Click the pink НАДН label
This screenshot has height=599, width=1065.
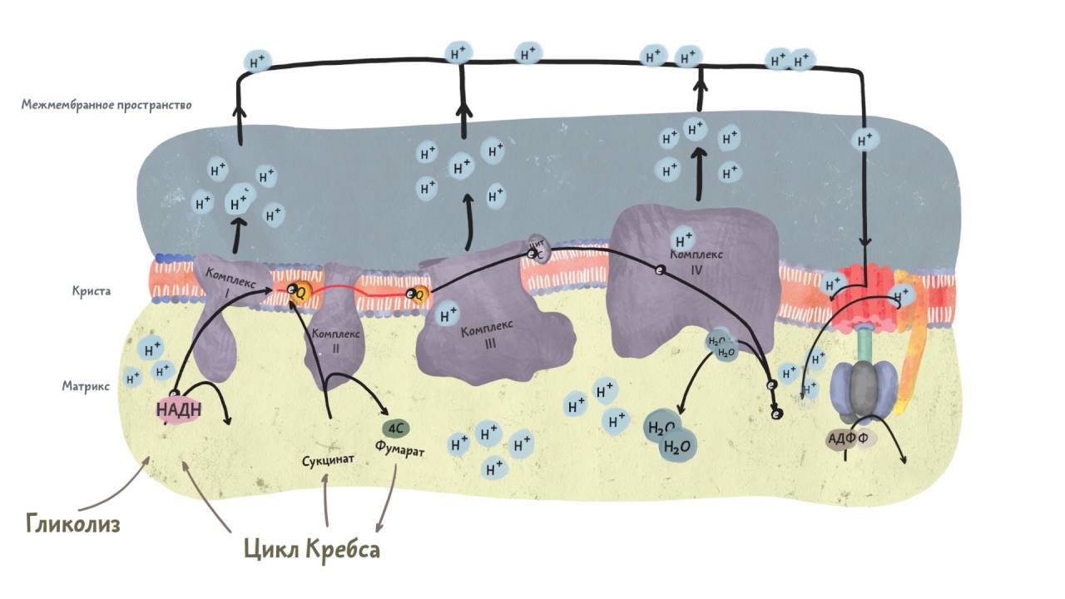point(175,409)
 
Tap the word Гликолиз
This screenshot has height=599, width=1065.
point(73,524)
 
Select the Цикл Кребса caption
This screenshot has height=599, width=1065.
point(312,549)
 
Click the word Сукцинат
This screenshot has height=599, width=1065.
point(329,459)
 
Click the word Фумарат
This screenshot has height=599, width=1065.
point(399,450)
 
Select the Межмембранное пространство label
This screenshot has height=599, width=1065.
point(106,106)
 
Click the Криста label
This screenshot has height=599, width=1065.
point(91,292)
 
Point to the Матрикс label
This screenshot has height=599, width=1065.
point(86,386)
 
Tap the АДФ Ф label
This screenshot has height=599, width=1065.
point(850,438)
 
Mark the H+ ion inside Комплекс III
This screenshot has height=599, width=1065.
point(448,315)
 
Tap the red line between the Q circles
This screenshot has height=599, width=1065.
point(358,291)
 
